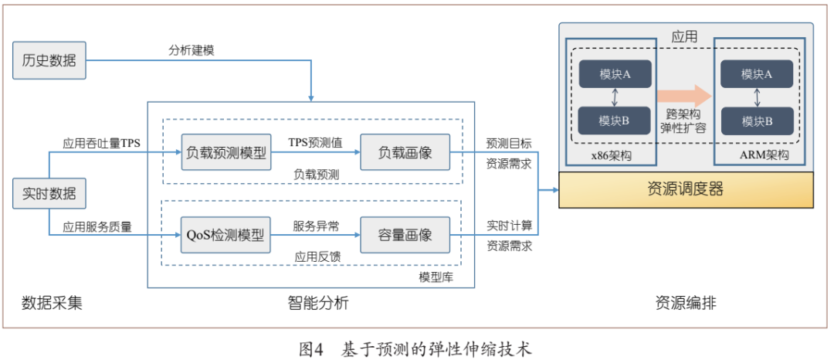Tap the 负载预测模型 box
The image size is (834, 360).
click(x=225, y=153)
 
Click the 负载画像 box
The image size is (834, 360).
click(x=405, y=153)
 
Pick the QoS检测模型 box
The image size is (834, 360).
click(x=225, y=234)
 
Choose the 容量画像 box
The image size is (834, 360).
click(x=405, y=234)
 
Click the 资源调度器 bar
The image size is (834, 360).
click(x=685, y=189)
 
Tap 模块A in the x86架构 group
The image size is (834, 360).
click(x=615, y=74)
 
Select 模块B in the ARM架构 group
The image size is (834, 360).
click(x=757, y=121)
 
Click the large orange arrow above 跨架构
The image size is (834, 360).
click(x=683, y=95)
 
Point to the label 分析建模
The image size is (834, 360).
click(x=192, y=49)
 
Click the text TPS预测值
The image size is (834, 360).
click(x=315, y=143)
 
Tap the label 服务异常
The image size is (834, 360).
click(x=315, y=226)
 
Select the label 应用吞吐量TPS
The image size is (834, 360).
click(x=101, y=143)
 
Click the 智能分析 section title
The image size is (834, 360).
click(x=312, y=304)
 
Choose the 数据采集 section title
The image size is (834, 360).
click(x=52, y=304)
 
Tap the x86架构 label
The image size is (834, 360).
click(x=611, y=155)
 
